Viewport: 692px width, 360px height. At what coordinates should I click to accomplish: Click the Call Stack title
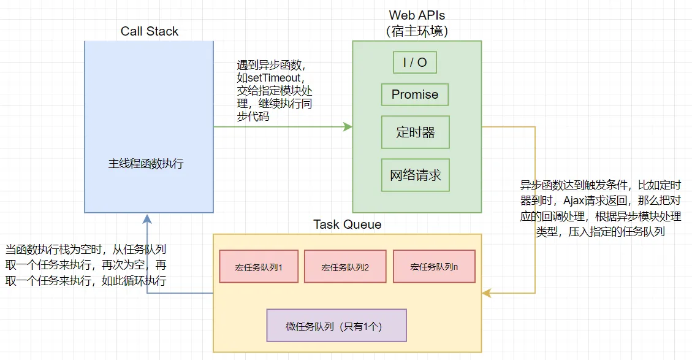149,31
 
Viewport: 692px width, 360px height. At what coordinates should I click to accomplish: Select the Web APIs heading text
417,15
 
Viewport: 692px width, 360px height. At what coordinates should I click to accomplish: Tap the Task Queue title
347,224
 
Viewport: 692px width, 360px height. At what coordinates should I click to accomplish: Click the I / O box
415,63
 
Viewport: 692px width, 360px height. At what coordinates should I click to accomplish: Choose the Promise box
415,94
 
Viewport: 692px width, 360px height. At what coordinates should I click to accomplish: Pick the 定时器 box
415,132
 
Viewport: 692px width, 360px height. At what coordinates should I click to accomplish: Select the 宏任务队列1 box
259,266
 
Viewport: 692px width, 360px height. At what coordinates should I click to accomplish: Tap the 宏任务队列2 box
344,266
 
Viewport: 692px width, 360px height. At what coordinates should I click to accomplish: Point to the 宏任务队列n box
434,266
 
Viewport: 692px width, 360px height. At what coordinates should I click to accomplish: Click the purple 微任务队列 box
336,326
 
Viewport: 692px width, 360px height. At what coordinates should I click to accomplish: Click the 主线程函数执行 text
146,164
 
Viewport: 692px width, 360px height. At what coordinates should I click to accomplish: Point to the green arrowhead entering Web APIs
348,127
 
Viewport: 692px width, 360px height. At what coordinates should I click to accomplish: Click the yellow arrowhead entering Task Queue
486,293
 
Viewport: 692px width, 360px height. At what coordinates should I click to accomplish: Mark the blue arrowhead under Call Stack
146,218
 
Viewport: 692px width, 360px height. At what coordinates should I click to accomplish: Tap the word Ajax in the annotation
574,201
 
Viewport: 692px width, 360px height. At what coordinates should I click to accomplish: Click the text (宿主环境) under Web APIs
417,31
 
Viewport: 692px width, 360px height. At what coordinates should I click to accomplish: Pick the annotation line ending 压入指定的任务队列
600,232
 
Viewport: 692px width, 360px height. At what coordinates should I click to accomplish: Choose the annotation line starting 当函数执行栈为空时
86,250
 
